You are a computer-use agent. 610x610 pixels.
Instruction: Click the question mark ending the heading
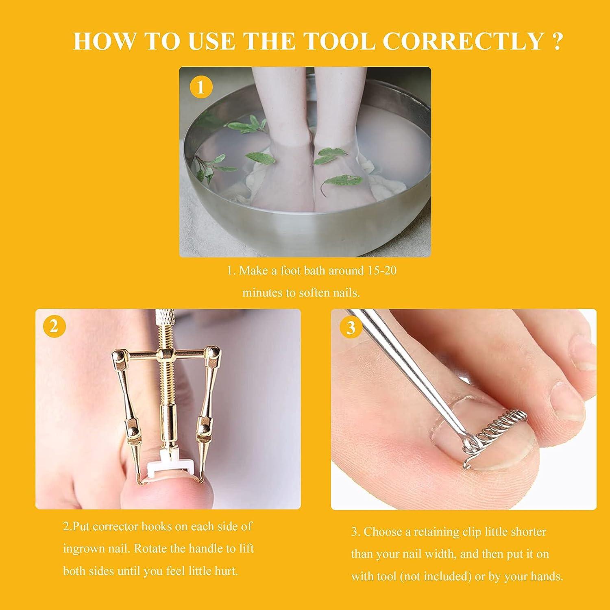click(x=558, y=41)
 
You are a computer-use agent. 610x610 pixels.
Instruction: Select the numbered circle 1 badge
click(x=200, y=87)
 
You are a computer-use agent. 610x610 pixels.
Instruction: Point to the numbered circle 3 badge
click(x=351, y=327)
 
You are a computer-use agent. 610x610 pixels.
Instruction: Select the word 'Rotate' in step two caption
click(x=150, y=549)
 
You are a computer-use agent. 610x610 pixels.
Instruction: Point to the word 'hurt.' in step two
click(x=226, y=571)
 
